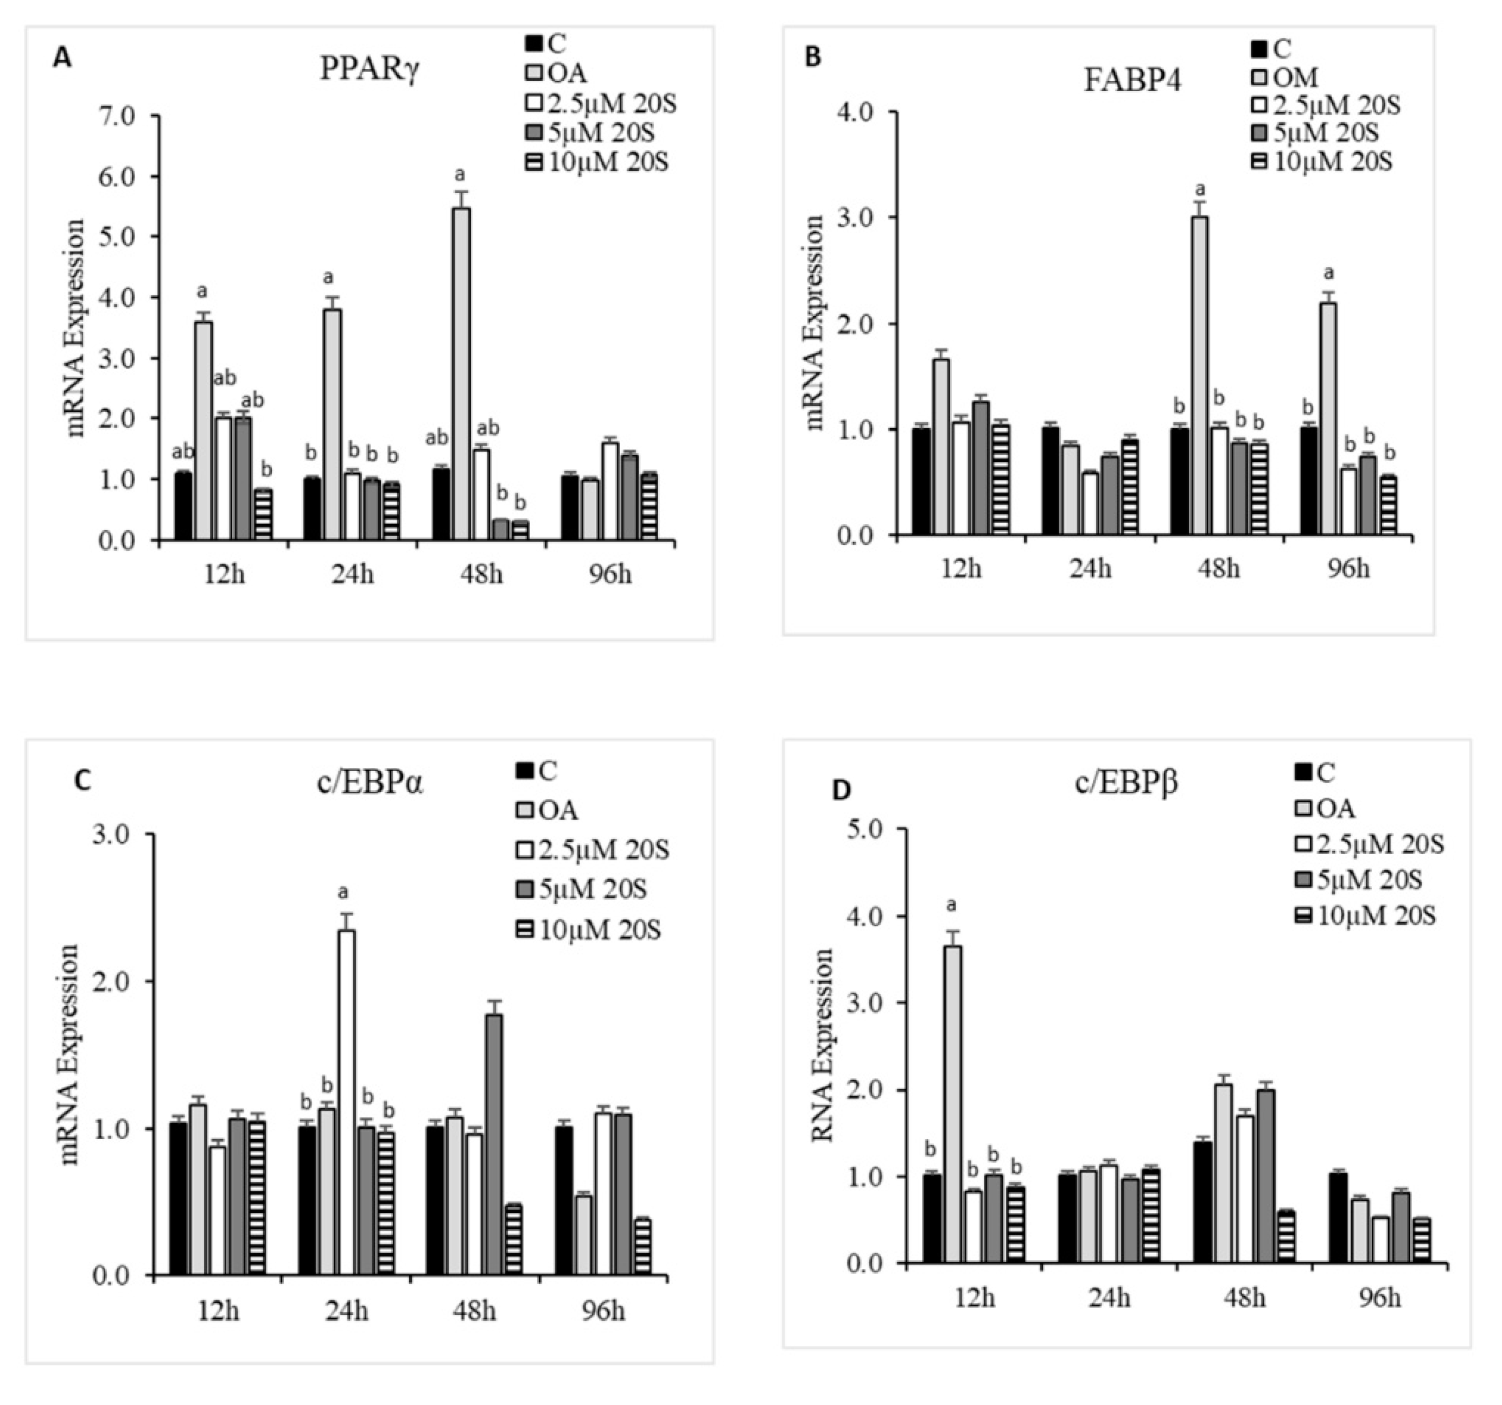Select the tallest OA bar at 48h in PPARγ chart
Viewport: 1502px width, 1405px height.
[x=460, y=374]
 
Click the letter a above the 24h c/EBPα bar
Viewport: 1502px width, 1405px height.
[x=344, y=892]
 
